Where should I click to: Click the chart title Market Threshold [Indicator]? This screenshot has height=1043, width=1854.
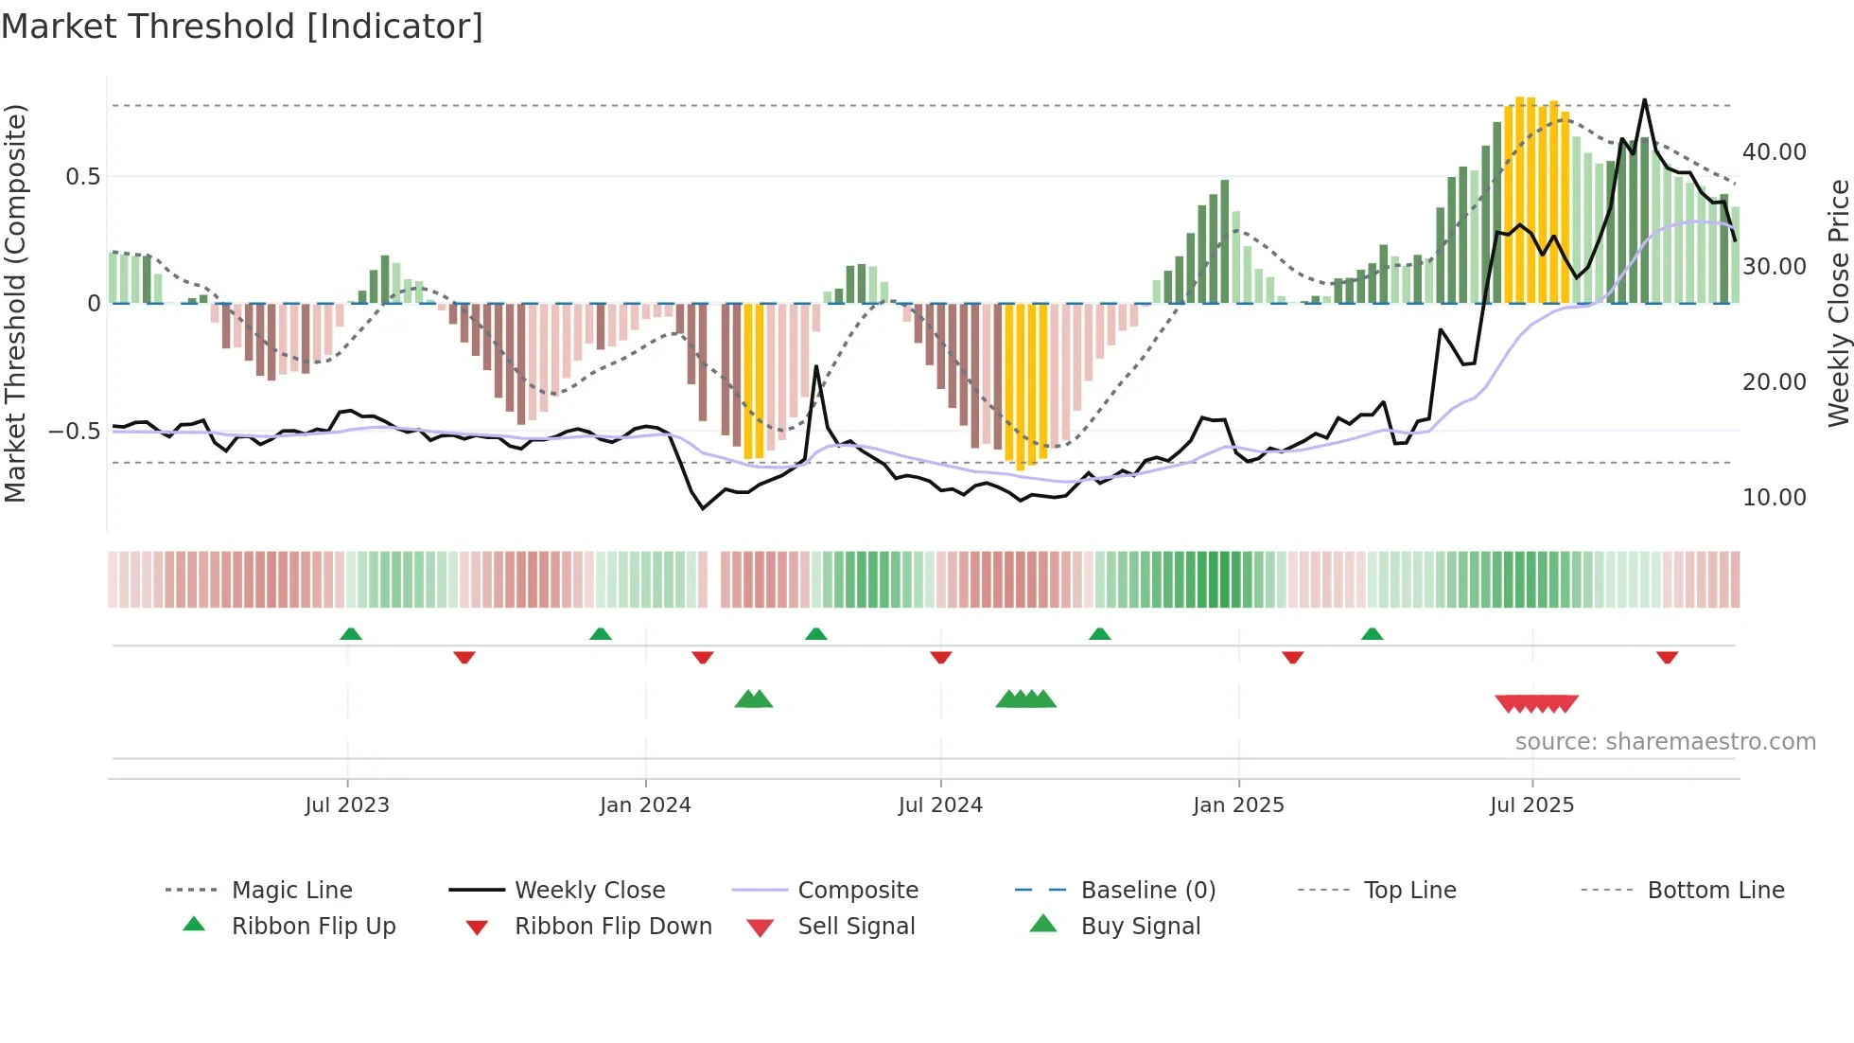click(x=242, y=27)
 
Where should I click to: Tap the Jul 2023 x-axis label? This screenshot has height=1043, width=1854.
click(x=347, y=805)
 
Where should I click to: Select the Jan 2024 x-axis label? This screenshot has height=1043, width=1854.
click(x=645, y=805)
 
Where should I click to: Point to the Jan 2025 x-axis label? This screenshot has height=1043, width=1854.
click(x=1238, y=805)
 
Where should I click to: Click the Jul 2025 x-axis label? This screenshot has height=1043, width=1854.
click(x=1531, y=805)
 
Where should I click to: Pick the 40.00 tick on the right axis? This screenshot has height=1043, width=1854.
click(x=1774, y=152)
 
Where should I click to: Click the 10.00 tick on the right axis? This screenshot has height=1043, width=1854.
click(x=1774, y=498)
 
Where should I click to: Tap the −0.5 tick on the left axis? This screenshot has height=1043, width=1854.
click(x=74, y=432)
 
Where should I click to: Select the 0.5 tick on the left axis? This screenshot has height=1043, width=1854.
click(x=82, y=177)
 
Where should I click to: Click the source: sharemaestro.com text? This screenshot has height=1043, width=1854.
click(x=1665, y=742)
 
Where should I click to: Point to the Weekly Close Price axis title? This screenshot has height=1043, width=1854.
click(x=1838, y=303)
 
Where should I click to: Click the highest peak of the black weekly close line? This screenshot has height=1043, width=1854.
click(x=1644, y=99)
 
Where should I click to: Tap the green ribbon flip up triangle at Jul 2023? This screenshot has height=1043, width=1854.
click(x=351, y=634)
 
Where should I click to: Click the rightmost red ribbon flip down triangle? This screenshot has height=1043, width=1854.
click(x=1667, y=657)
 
